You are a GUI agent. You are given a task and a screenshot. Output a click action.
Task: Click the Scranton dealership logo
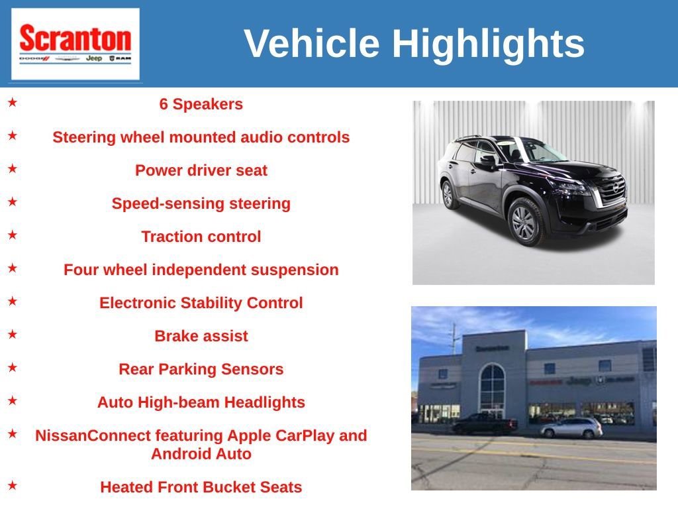(75, 44)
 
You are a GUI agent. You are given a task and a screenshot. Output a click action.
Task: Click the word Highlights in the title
(488, 44)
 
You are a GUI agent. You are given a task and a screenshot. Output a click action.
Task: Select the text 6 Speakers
(201, 104)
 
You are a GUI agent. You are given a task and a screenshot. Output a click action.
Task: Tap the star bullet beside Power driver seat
(13, 169)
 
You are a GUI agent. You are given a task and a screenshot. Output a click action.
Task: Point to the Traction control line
(201, 237)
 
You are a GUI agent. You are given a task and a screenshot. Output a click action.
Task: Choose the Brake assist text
(201, 336)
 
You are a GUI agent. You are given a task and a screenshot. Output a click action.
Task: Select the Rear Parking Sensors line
(201, 369)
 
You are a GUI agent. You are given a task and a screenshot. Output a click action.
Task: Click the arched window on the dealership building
(492, 390)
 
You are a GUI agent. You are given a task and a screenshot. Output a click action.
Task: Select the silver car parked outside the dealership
(571, 428)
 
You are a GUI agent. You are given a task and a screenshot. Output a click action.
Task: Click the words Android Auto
(201, 454)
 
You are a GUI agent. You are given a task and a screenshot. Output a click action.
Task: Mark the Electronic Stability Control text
(201, 303)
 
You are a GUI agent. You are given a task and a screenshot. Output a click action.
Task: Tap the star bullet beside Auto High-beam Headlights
(13, 401)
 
